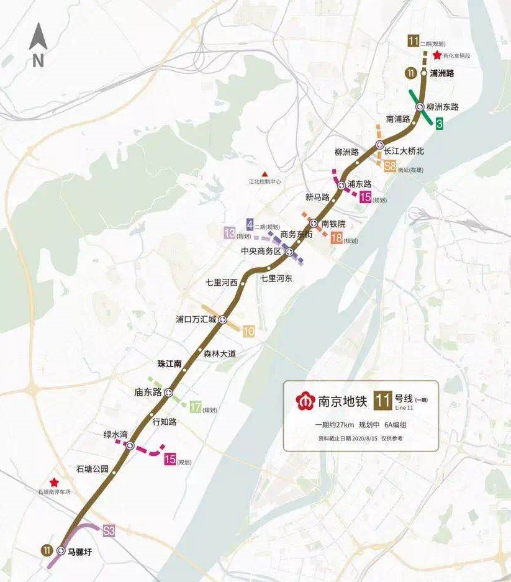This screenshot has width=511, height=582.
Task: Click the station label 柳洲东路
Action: tap(442, 107)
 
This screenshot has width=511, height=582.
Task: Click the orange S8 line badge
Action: tap(390, 166)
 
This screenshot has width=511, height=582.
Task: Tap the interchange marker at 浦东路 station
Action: tap(341, 185)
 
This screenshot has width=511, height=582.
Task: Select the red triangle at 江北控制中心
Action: tap(265, 174)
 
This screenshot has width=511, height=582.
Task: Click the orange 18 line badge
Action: tap(337, 239)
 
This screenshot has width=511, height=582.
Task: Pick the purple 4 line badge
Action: tap(250, 224)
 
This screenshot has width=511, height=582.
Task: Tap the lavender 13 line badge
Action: tap(230, 234)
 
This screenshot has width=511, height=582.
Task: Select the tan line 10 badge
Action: tap(248, 331)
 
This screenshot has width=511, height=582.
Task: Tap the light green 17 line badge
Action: tap(196, 408)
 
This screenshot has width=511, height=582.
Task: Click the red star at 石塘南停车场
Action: tap(55, 482)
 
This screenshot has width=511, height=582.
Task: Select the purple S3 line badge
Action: tap(109, 531)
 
